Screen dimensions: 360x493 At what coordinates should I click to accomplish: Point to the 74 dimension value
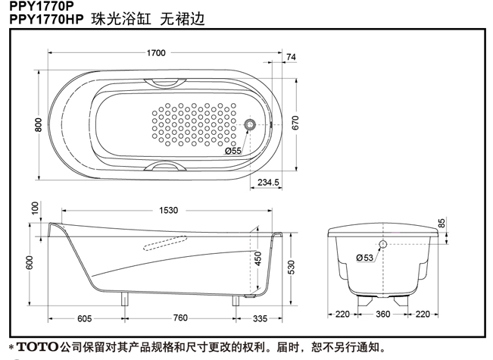292,58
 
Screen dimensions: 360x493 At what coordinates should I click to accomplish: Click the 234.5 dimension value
268,182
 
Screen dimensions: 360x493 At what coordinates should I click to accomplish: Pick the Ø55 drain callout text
233,152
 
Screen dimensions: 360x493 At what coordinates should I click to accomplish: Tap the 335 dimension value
260,318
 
